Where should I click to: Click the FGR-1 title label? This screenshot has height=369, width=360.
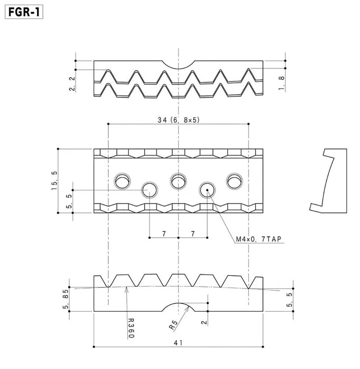tap(24, 12)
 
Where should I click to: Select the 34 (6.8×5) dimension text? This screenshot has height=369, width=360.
tap(179, 120)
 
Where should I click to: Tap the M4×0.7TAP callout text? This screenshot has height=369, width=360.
tap(259, 239)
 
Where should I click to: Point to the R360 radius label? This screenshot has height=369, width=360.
tap(131, 328)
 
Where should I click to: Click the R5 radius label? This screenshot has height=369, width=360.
tap(173, 325)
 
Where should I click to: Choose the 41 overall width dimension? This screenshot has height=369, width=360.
tap(178, 343)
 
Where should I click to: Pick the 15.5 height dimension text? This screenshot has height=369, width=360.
tap(54, 180)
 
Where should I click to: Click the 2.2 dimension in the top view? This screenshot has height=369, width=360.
tap(72, 83)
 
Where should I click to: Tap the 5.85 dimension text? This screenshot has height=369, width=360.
tap(66, 299)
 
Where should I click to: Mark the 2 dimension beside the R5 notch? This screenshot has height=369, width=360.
tap(204, 322)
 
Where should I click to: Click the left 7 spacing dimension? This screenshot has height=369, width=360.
tap(164, 234)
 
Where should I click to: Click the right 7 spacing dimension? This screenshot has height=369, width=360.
tap(193, 234)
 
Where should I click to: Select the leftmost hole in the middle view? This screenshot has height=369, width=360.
tap(122, 181)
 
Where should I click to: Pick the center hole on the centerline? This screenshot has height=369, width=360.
tap(179, 181)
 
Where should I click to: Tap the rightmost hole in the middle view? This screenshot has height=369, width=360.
tap(234, 181)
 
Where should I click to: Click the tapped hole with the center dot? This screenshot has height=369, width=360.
tap(207, 190)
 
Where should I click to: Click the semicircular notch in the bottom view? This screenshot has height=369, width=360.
tap(179, 303)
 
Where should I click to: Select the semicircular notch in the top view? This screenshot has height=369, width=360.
tap(179, 69)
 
